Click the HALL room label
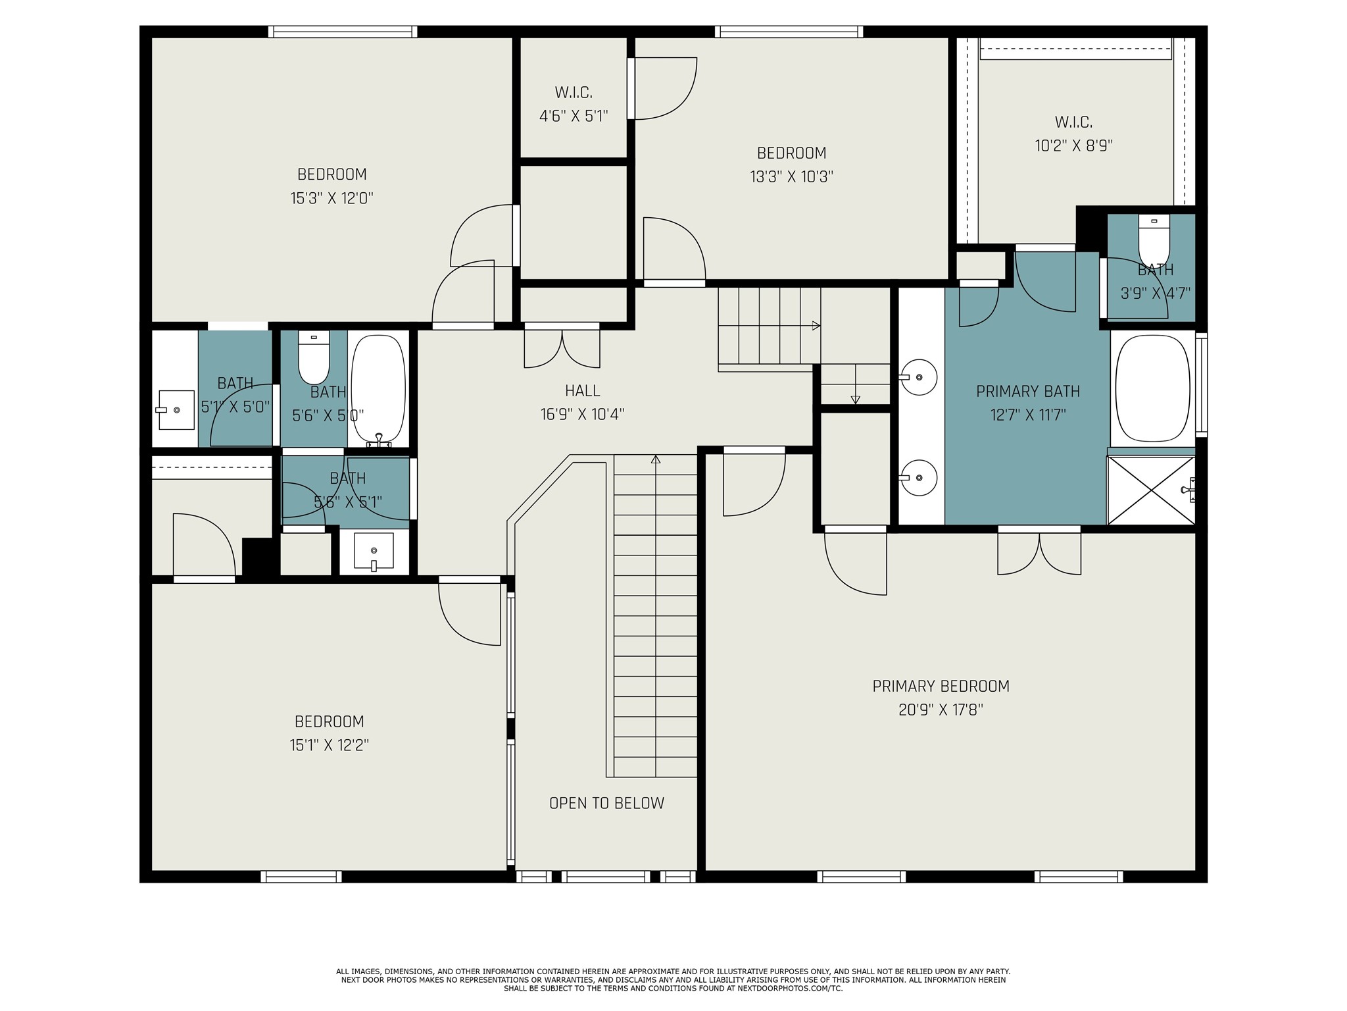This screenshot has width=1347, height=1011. pos(582,391)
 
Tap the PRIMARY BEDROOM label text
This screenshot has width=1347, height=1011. pos(941,687)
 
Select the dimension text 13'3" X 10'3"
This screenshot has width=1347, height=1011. pos(791,177)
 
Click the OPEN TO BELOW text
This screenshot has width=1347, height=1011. pos(606,803)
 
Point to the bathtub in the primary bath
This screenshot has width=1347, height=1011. pos(1152,388)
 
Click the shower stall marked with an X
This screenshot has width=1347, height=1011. pos(1150,490)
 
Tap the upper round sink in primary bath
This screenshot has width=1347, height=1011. pos(918,377)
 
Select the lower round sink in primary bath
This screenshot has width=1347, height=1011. pos(918,477)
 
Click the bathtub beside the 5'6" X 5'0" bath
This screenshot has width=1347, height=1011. pos(378,388)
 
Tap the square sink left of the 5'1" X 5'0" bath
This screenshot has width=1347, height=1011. pos(176,409)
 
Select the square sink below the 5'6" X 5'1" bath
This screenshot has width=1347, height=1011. pos(374,551)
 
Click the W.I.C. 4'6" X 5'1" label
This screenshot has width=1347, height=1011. pos(574,105)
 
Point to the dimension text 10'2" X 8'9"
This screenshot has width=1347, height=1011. pos(1073,146)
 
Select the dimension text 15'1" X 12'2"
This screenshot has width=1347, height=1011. pos(329,746)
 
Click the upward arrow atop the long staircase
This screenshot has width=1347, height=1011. pos(656,459)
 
